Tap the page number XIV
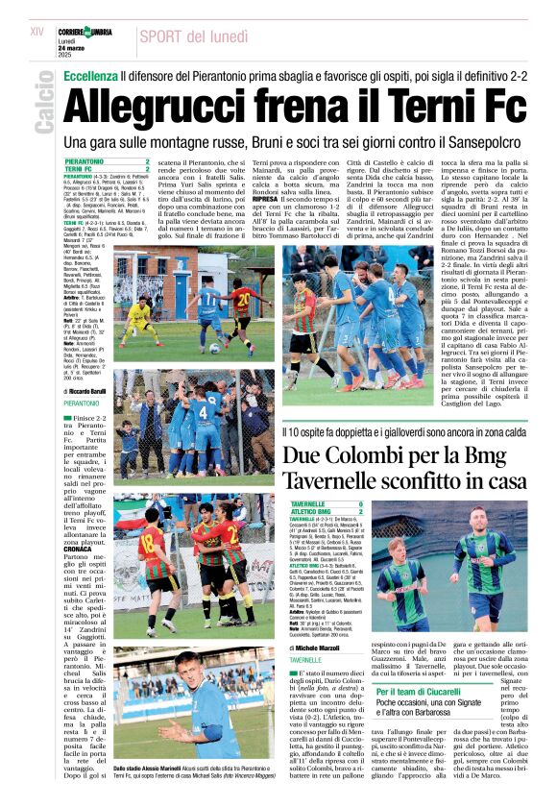37,32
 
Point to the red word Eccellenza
90,74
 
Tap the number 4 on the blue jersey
203,416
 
